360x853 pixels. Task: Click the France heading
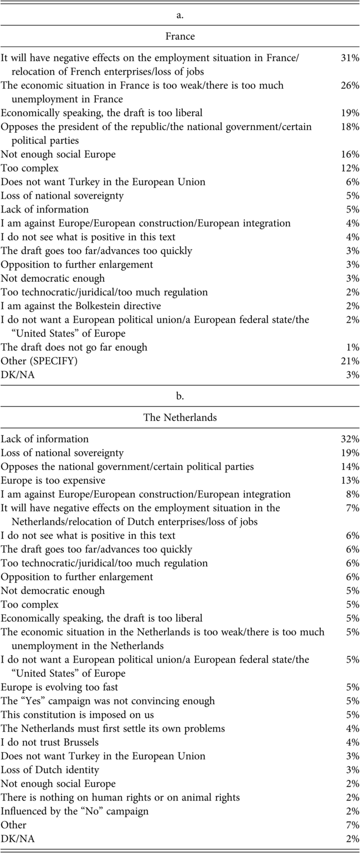tap(180, 36)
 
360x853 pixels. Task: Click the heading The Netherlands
tap(180, 417)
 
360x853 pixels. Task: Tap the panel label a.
tap(180, 15)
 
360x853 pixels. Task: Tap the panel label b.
tap(180, 396)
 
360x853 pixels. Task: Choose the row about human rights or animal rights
tap(120, 797)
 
